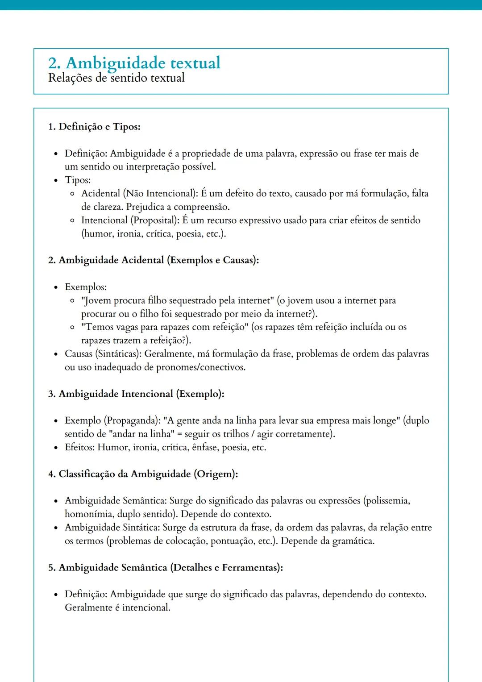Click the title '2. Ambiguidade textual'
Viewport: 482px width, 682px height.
pos(134,63)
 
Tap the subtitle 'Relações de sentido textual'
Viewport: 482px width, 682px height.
pos(116,78)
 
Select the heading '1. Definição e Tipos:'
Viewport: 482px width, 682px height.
pos(94,127)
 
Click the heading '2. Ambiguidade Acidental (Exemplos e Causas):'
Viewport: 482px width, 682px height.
pos(154,260)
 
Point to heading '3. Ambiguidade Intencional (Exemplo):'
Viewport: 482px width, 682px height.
pos(136,394)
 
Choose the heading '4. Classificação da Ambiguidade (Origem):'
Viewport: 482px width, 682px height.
pos(143,474)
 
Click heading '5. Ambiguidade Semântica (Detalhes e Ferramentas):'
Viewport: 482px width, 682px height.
pos(166,568)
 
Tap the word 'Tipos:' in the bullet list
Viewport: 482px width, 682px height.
pos(78,180)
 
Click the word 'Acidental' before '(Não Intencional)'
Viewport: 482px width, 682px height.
pos(101,194)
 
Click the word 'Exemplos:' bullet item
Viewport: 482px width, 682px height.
pos(86,287)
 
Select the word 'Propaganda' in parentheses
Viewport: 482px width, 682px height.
pos(132,421)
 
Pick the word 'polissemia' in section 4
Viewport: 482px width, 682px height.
pos(387,501)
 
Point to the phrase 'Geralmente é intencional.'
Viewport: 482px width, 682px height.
pos(117,608)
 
